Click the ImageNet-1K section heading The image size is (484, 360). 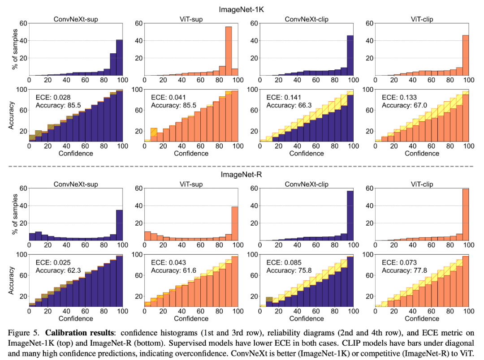(x=243, y=9)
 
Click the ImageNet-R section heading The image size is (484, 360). (x=243, y=174)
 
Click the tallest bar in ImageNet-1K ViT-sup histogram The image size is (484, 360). (x=228, y=51)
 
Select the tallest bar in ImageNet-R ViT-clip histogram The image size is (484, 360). (x=465, y=214)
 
